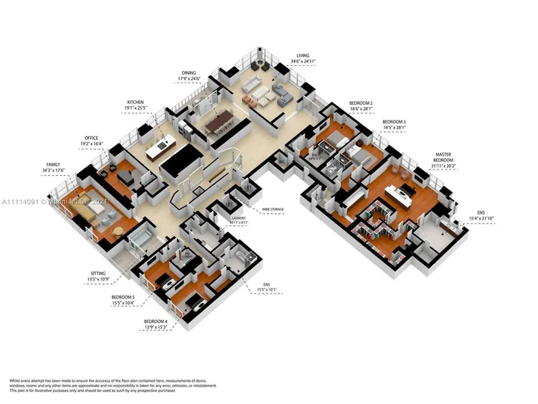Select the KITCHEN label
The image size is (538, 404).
click(x=136, y=103)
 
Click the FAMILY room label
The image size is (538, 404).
click(x=55, y=164)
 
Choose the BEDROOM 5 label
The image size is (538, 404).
click(x=123, y=296)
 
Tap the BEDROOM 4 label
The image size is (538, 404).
click(x=156, y=321)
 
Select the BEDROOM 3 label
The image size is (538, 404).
click(x=394, y=122)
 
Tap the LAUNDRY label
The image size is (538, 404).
click(x=239, y=218)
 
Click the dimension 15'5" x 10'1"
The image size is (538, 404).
click(x=265, y=291)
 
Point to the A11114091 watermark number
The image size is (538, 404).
click(x=20, y=202)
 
